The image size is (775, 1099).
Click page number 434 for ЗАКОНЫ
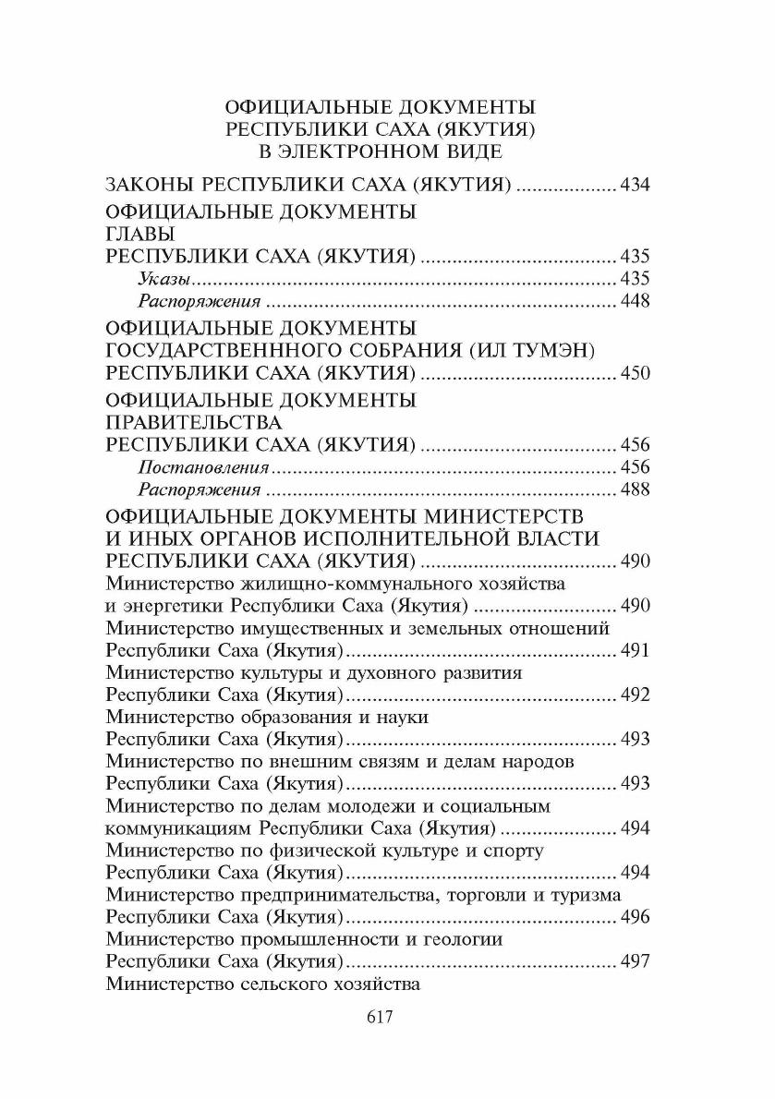(x=636, y=185)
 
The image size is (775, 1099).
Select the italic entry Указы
(x=165, y=279)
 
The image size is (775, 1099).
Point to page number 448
(x=636, y=302)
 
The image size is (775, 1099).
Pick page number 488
(x=636, y=490)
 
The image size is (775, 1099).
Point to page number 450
(x=636, y=374)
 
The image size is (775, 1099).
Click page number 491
(x=636, y=651)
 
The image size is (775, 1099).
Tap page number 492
(x=636, y=695)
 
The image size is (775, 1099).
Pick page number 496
(x=636, y=917)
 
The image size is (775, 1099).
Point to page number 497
(x=636, y=961)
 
